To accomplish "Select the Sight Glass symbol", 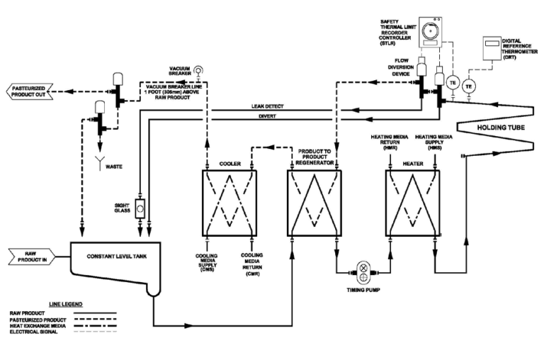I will pyautogui.click(x=141, y=210).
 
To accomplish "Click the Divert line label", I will pyautogui.click(x=264, y=118).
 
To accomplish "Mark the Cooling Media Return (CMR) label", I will pyautogui.click(x=252, y=264).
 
